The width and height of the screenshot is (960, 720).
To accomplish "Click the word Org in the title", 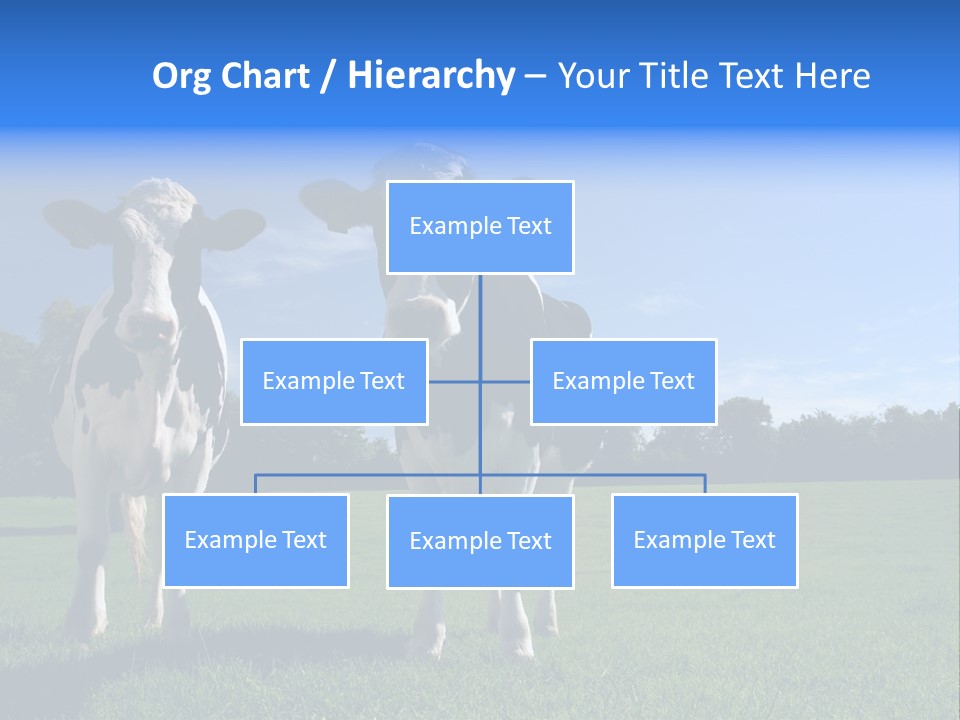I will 180,76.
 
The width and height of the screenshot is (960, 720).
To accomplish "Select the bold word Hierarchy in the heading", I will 430,76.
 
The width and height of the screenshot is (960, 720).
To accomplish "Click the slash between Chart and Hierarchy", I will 329,76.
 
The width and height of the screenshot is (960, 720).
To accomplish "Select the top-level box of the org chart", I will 480,227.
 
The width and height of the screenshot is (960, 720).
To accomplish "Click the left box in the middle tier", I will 334,382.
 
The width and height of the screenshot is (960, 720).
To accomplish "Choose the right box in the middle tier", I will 623,382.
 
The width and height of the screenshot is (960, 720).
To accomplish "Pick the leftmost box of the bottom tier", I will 256,541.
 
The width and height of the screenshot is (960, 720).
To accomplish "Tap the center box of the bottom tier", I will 480,542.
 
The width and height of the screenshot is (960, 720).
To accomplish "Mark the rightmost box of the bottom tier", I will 704,541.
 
